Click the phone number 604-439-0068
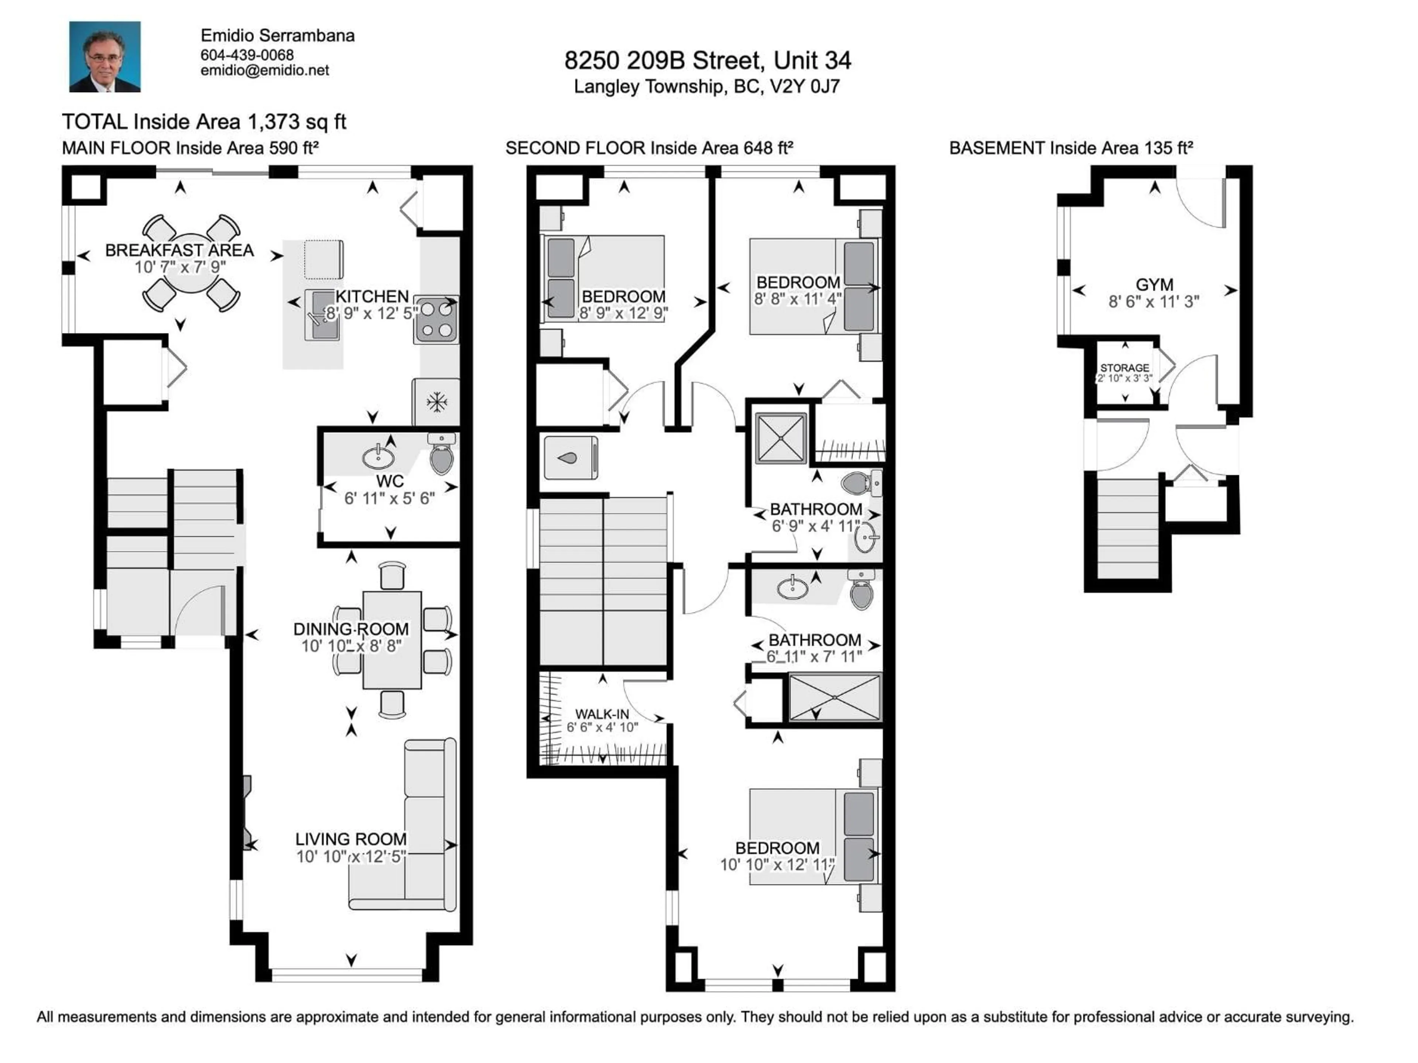(x=247, y=55)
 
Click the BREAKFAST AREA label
(x=179, y=250)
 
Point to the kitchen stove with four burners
(x=436, y=319)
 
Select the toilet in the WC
(x=441, y=455)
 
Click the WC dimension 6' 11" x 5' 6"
(x=389, y=499)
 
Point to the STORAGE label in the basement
(x=1124, y=368)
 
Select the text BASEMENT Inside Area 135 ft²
(x=1071, y=148)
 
